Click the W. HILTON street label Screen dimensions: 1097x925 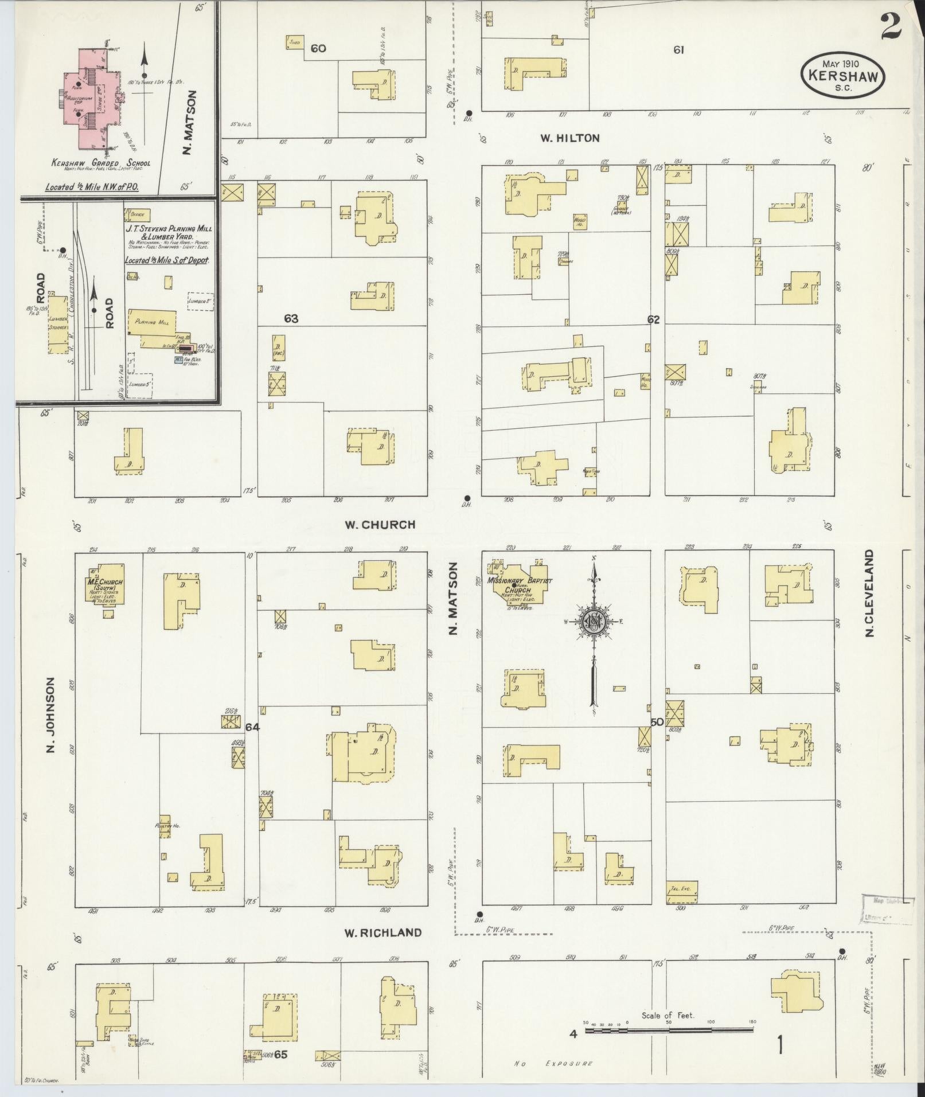click(x=569, y=138)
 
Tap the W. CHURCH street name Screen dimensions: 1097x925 click(x=380, y=524)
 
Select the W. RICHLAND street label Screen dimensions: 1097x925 click(x=383, y=932)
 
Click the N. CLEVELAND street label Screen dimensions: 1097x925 click(x=870, y=593)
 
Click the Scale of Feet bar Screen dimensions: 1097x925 click(x=668, y=1030)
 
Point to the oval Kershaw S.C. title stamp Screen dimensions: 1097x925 click(x=842, y=75)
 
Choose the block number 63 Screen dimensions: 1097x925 click(x=291, y=318)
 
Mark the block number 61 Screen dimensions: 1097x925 click(x=678, y=50)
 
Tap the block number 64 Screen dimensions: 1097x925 click(x=252, y=727)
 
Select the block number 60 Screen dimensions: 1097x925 click(x=318, y=48)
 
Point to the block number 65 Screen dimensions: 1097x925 click(x=280, y=1055)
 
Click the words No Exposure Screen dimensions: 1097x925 click(x=553, y=1063)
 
